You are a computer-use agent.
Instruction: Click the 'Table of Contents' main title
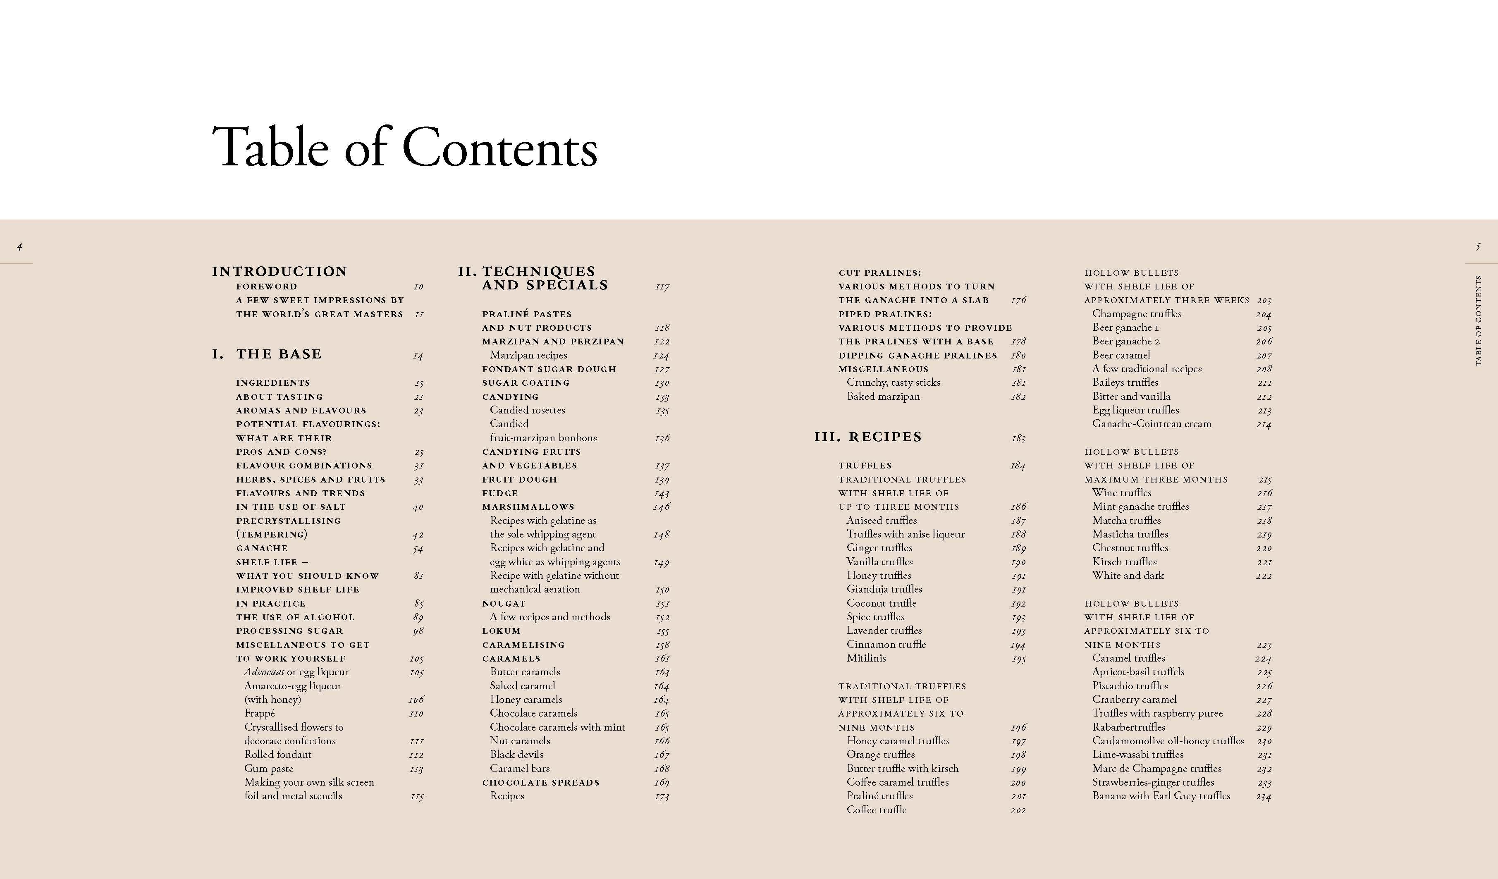pos(404,147)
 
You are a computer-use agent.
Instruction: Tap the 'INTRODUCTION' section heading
pos(280,272)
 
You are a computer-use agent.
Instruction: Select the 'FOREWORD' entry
pos(266,287)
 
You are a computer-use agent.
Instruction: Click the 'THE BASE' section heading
pos(279,354)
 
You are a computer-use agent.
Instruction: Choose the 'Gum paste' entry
pos(269,769)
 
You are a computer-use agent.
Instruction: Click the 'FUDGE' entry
pos(500,493)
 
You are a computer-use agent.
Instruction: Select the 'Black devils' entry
pos(516,754)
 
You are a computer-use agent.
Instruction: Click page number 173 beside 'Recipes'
pos(662,796)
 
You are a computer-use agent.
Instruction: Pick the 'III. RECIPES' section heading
pos(868,437)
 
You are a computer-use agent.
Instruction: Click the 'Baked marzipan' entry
pos(883,397)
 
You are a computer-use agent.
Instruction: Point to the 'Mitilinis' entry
pos(866,658)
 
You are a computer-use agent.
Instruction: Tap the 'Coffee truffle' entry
pos(876,810)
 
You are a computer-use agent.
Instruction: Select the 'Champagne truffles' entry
pos(1137,314)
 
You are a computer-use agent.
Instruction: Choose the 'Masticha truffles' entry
pos(1130,534)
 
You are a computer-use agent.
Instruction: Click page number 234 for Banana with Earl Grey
pos(1263,796)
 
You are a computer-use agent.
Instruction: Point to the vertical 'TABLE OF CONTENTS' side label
pos(1479,321)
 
